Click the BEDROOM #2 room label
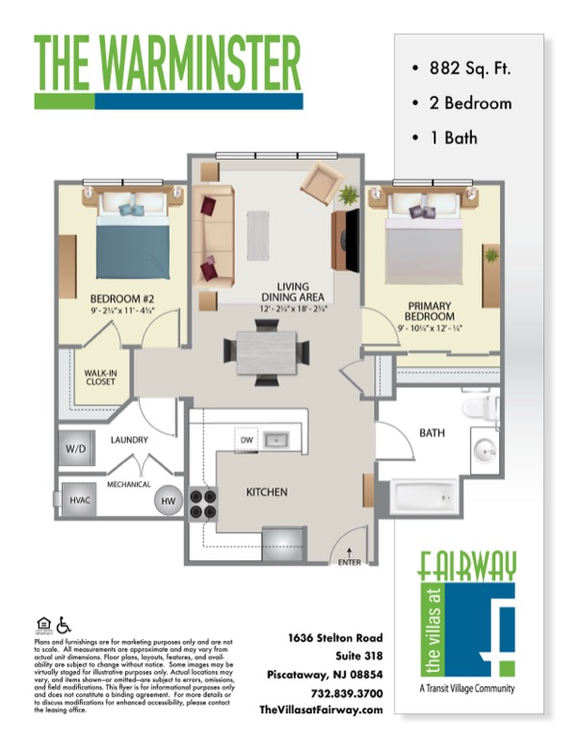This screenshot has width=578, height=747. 122,298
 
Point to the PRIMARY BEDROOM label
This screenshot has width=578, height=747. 430,310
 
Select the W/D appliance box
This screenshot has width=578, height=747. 75,449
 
